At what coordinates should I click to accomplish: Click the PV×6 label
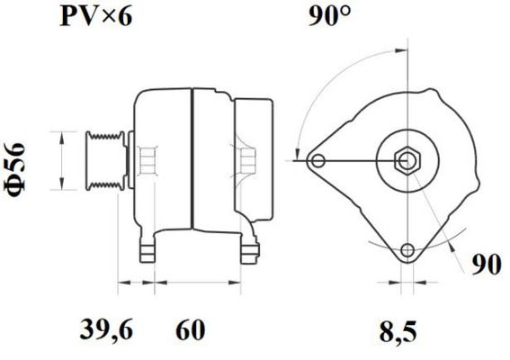[96, 16]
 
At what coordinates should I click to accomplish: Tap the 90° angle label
[329, 16]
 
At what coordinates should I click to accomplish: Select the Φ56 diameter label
[15, 169]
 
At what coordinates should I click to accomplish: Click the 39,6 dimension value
[106, 330]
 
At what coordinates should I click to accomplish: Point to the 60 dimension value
[191, 329]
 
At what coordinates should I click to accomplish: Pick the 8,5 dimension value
[398, 332]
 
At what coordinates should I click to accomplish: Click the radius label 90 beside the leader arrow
[487, 265]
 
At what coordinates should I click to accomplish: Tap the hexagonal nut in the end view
[407, 160]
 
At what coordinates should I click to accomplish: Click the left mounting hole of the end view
[318, 161]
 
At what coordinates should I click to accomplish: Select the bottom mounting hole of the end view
[407, 250]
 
